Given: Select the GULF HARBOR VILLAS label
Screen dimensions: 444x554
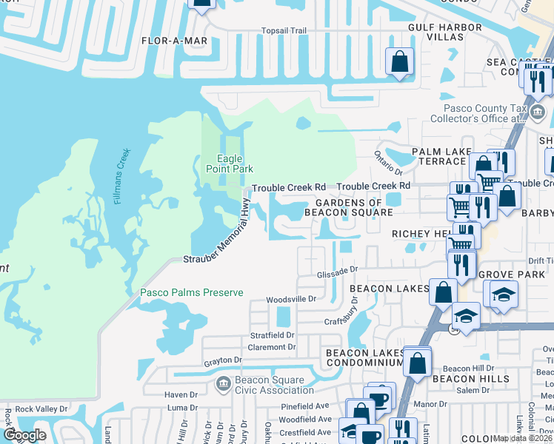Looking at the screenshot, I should click(x=445, y=33).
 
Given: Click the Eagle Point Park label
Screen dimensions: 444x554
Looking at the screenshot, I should click(x=230, y=163).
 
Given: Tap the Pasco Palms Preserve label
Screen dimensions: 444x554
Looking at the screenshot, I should click(x=192, y=293).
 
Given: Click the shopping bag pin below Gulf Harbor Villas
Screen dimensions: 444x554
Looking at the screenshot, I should click(x=399, y=63).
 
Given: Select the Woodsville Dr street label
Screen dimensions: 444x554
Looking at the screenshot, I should click(x=292, y=299).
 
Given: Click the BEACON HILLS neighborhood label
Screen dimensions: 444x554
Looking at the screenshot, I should click(x=471, y=379).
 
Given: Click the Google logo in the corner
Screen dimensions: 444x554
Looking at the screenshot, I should click(x=25, y=435).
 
